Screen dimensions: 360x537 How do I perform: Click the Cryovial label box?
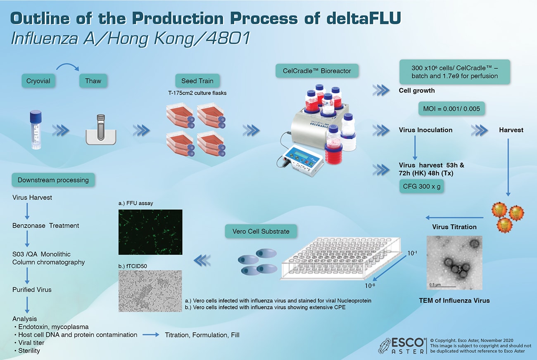pos(38,81)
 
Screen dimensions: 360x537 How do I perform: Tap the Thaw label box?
pos(93,81)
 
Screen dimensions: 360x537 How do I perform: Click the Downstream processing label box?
pos(53,180)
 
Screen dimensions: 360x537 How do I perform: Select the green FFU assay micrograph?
pos(150,232)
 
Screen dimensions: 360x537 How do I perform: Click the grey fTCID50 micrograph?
pos(150,291)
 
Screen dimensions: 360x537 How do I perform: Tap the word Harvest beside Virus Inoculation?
pos(511,130)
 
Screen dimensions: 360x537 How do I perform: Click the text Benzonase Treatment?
pos(46,225)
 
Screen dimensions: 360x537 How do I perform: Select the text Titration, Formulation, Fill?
pos(202,335)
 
